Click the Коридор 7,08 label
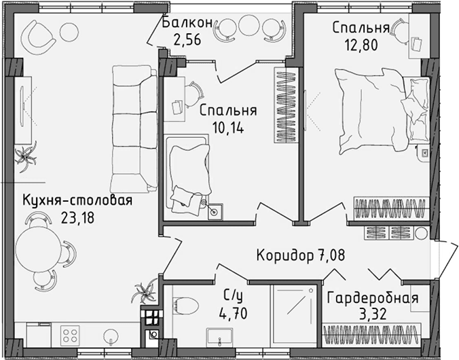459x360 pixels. [301, 256]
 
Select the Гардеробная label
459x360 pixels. [372, 298]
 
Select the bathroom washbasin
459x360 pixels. [221, 338]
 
